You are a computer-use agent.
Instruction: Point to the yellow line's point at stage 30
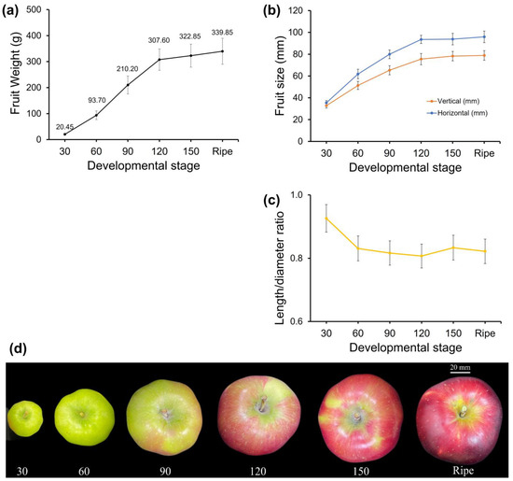point(326,218)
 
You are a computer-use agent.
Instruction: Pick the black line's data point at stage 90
point(128,85)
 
